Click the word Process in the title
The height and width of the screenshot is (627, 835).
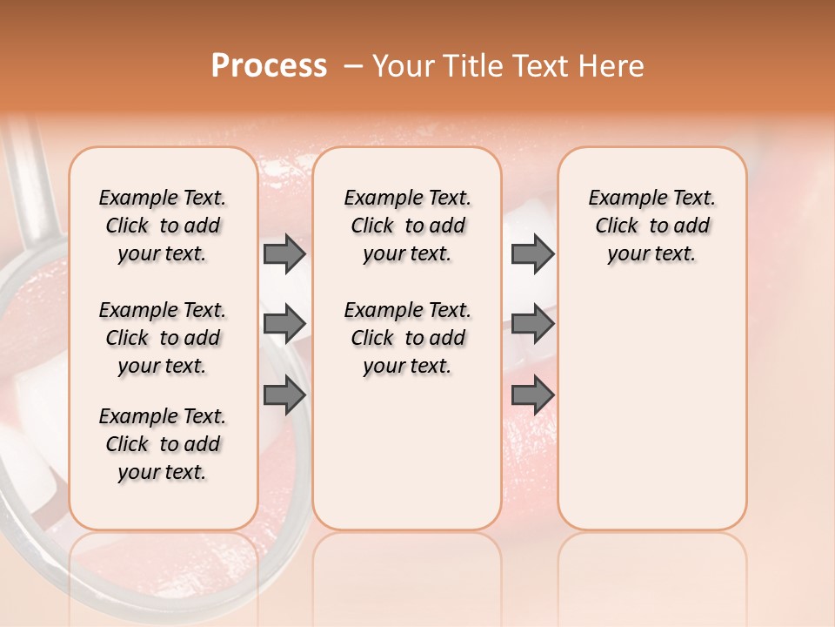point(269,66)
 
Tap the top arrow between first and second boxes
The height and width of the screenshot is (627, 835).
point(284,253)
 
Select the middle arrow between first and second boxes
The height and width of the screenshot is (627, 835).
point(284,324)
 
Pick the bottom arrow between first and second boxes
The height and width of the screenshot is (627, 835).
point(284,396)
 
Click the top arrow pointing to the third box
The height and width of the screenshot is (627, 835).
point(532,253)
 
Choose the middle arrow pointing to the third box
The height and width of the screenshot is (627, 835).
point(532,324)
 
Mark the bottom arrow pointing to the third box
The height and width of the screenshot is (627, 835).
point(532,396)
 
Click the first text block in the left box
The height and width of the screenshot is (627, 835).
point(163,226)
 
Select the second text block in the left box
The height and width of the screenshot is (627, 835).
point(163,338)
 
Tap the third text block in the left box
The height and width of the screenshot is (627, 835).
point(163,444)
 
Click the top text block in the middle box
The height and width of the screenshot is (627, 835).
point(407,226)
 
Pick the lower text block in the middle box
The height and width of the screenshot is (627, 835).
point(407,338)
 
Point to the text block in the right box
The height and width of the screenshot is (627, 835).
point(651,226)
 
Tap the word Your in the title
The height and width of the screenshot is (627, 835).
point(403,66)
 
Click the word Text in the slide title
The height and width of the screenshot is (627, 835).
point(540,66)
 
